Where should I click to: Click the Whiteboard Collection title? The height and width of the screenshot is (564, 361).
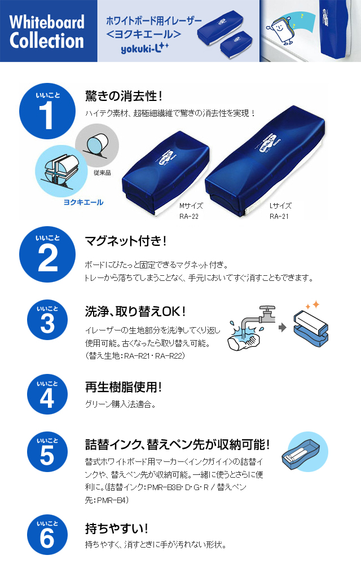point(47,31)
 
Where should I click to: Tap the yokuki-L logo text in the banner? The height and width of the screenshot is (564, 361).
point(144,48)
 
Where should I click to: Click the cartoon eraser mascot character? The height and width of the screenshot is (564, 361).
point(285,29)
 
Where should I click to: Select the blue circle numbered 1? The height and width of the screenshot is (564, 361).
point(47,111)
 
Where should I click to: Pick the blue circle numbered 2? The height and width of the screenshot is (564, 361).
point(47,254)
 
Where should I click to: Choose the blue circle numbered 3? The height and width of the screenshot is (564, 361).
point(47,320)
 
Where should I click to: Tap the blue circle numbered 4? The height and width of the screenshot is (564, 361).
point(47,395)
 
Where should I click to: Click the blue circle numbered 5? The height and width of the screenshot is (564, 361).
point(47,452)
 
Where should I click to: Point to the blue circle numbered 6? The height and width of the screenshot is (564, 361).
point(47,535)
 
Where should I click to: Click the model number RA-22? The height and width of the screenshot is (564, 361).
point(189,216)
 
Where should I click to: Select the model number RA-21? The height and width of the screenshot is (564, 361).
point(279,216)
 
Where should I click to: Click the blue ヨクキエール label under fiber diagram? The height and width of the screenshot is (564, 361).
point(83,202)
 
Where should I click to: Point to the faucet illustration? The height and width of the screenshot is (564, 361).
point(252,328)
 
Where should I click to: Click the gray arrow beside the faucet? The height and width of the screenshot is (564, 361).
point(283,327)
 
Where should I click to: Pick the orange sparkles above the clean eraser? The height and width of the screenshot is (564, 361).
point(312,305)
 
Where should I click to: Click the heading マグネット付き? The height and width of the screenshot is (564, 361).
point(125,241)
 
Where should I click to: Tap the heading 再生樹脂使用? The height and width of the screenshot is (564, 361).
point(124,387)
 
